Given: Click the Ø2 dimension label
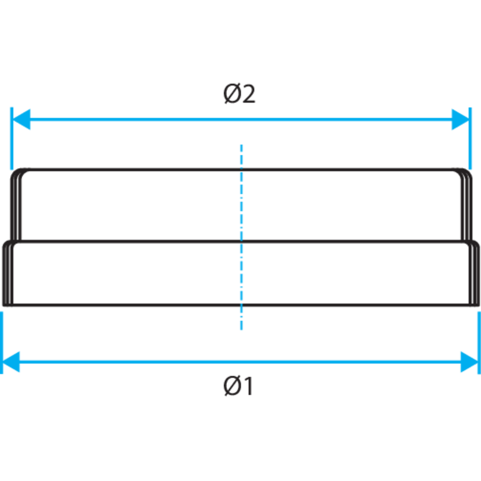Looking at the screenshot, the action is [x=239, y=94].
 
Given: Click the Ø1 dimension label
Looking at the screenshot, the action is [x=239, y=386].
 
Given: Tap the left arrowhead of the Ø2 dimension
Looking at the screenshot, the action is [x=21, y=119].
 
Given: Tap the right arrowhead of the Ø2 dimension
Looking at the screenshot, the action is [x=461, y=119].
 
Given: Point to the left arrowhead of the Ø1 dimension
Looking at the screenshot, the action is [x=11, y=362].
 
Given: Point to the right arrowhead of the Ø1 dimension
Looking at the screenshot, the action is [x=469, y=362].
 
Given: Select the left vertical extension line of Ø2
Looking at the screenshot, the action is [x=12, y=139].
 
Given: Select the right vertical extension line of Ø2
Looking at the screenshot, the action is [x=470, y=139].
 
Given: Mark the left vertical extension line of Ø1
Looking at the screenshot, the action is [x=1, y=343].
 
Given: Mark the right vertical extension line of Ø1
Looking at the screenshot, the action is [x=479, y=343].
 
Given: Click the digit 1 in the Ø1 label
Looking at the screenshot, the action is [x=248, y=386].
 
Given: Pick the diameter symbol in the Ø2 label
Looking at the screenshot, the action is [x=232, y=94].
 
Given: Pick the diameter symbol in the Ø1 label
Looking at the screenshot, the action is [x=232, y=386].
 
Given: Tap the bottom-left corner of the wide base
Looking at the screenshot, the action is [x=4, y=305].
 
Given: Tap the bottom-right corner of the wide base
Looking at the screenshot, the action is [x=478, y=305].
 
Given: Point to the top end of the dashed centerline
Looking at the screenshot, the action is [x=241, y=144].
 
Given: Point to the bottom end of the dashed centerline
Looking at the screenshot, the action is [x=241, y=330].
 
